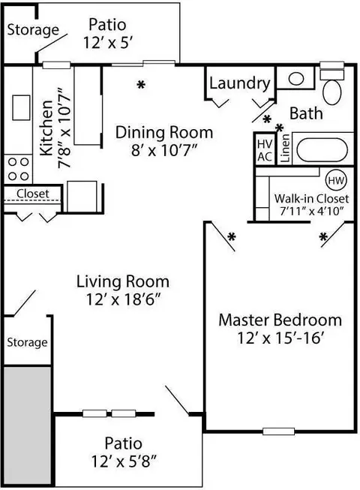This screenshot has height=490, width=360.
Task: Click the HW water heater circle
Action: coord(336,181)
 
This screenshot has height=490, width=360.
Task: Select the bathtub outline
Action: coord(322,149)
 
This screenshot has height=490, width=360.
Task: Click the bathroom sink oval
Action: coord(296,79)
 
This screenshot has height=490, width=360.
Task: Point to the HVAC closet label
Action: coord(265,150)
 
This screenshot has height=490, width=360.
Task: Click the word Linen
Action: coord(285,148)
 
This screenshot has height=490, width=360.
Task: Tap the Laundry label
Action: coord(240,83)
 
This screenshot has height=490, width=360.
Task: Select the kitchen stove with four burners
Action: coord(18,169)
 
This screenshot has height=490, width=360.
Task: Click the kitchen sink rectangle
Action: coord(21,107)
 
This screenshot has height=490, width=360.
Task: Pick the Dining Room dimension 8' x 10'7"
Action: coord(164,151)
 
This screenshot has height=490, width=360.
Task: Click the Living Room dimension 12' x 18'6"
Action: coord(123,299)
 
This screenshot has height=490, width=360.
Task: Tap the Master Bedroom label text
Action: coord(280,320)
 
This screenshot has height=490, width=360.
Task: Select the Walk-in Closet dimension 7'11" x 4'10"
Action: coord(311,212)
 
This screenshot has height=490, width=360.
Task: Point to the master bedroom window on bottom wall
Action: coord(278,431)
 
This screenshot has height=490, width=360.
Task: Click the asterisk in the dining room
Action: coord(142,84)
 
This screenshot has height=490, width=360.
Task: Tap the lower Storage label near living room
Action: coord(27,342)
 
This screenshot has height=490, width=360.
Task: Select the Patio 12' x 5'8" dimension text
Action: coord(124,461)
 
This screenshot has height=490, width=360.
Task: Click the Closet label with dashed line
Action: coord(33,194)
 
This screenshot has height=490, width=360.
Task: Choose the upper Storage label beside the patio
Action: coord(33,30)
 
